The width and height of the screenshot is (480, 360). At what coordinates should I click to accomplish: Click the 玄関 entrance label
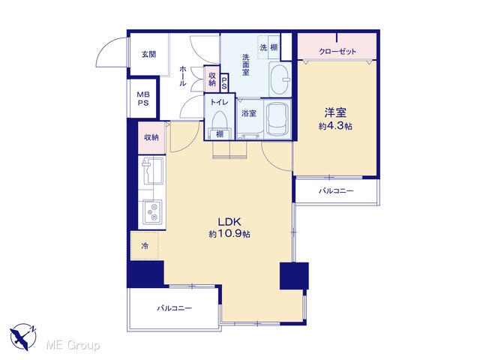pyautogui.click(x=148, y=55)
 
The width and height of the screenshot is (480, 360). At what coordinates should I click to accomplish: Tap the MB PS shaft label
pyautogui.click(x=143, y=98)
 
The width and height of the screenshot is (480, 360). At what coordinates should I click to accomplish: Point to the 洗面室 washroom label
pyautogui.click(x=246, y=64)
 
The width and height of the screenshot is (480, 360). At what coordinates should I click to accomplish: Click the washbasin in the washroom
pyautogui.click(x=280, y=79)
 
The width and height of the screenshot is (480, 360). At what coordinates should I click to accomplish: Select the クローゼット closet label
pyautogui.click(x=337, y=51)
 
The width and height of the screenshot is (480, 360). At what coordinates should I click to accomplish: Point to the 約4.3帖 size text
pyautogui.click(x=335, y=126)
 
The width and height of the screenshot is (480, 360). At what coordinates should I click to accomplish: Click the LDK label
pyautogui.click(x=229, y=221)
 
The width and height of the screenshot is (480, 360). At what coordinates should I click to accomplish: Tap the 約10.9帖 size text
pyautogui.click(x=229, y=234)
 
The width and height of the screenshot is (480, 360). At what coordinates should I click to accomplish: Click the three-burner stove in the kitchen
pyautogui.click(x=152, y=211)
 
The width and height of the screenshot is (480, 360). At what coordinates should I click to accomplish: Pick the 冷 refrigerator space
pyautogui.click(x=145, y=245)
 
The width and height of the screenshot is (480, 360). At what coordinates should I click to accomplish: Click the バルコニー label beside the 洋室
pyautogui.click(x=336, y=191)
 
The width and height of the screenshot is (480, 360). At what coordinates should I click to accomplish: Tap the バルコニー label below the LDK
pyautogui.click(x=175, y=308)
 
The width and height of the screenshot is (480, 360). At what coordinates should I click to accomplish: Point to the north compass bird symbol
pyautogui.click(x=23, y=337)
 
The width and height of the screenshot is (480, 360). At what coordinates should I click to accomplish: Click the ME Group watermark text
pyautogui.click(x=73, y=345)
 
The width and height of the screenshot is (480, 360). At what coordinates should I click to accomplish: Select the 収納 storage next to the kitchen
pyautogui.click(x=151, y=137)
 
